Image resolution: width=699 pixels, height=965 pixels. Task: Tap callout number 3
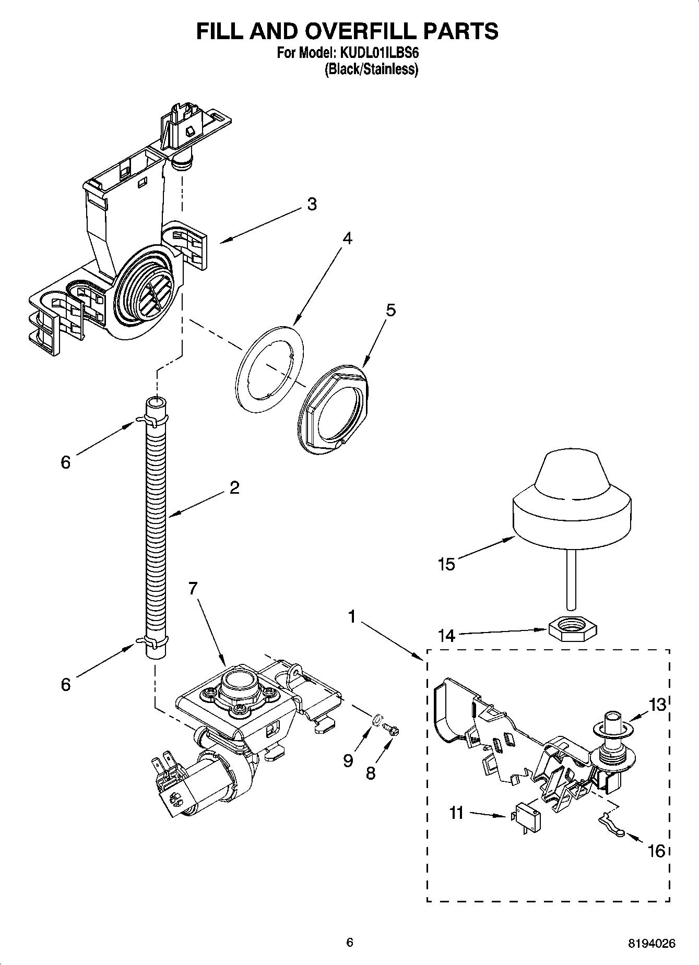point(312,204)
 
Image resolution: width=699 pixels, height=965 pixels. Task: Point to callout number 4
point(347,239)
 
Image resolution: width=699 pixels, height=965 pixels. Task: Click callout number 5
point(390,310)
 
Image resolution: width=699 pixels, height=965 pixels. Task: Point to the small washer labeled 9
point(375,721)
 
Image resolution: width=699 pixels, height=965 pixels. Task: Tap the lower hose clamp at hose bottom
point(155,641)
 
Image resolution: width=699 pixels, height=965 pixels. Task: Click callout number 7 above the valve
point(193,588)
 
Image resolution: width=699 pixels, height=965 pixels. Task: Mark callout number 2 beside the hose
point(234,488)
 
